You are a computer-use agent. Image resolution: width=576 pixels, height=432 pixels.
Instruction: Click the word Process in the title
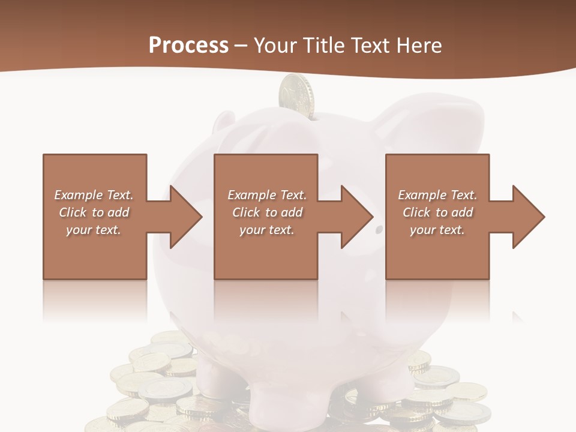pyautogui.click(x=188, y=46)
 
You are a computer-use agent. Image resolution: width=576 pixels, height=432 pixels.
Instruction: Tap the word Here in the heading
pyautogui.click(x=418, y=46)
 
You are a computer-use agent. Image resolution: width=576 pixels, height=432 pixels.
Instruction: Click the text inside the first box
pyautogui.click(x=94, y=212)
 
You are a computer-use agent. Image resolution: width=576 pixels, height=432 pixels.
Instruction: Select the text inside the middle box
pyautogui.click(x=267, y=212)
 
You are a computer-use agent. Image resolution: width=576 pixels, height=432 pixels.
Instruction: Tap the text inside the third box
pyautogui.click(x=437, y=212)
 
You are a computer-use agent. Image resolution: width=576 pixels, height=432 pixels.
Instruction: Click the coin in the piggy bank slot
pyautogui.click(x=296, y=95)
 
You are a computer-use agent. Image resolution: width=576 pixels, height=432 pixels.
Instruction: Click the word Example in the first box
pyautogui.click(x=79, y=195)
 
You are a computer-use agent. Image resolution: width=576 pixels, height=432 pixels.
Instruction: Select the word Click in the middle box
pyautogui.click(x=245, y=212)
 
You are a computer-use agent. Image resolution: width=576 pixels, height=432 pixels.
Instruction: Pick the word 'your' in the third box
pyautogui.click(x=422, y=230)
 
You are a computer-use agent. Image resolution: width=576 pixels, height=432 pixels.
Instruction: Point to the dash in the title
pyautogui.click(x=241, y=46)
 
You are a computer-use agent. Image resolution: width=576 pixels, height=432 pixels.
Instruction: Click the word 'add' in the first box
pyautogui.click(x=119, y=212)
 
